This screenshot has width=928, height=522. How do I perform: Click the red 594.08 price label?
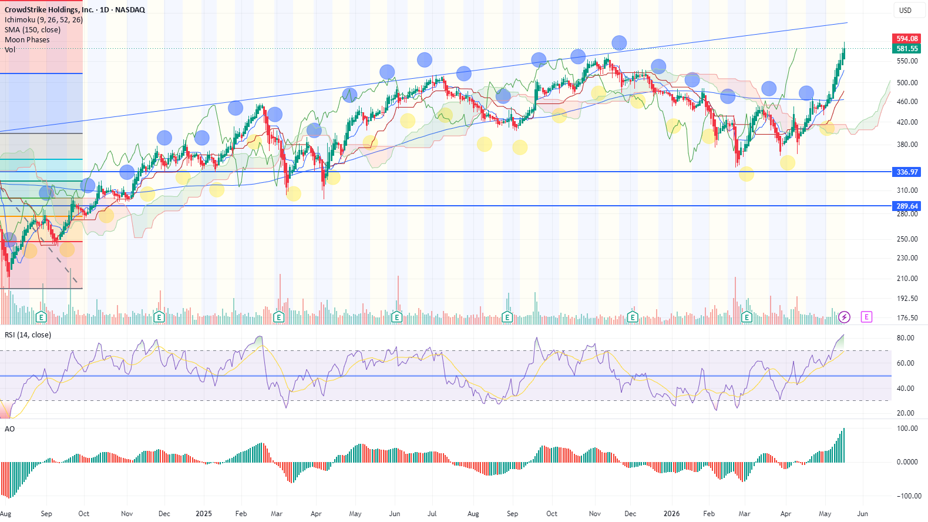pos(906,39)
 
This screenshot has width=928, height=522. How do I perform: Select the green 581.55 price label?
pos(906,49)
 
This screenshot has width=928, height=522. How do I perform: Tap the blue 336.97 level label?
pos(906,172)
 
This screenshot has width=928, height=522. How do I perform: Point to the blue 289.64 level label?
pos(906,206)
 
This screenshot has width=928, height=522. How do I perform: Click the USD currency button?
pos(905,11)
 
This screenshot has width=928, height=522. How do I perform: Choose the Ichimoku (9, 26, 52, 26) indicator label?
pos(43,20)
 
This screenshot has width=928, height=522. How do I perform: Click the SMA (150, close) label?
pos(33,30)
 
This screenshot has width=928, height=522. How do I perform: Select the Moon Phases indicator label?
pos(27,40)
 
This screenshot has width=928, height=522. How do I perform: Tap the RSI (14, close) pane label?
pos(28,334)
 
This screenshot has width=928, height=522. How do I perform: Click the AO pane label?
pos(9,429)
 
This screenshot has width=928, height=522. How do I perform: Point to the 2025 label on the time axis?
pos(203,514)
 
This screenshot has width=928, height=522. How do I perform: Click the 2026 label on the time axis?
pos(671,514)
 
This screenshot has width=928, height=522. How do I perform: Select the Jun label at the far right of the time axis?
pos(862,514)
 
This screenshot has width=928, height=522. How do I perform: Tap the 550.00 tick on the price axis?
pos(907,61)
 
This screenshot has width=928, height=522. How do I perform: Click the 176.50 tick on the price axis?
pos(907,318)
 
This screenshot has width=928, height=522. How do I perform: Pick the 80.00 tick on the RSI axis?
pos(905,338)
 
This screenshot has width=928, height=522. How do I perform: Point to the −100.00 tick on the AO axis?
pos(905,496)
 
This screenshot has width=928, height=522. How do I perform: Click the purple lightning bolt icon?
pos(844,317)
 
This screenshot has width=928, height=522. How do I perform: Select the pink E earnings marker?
pos(866,317)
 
